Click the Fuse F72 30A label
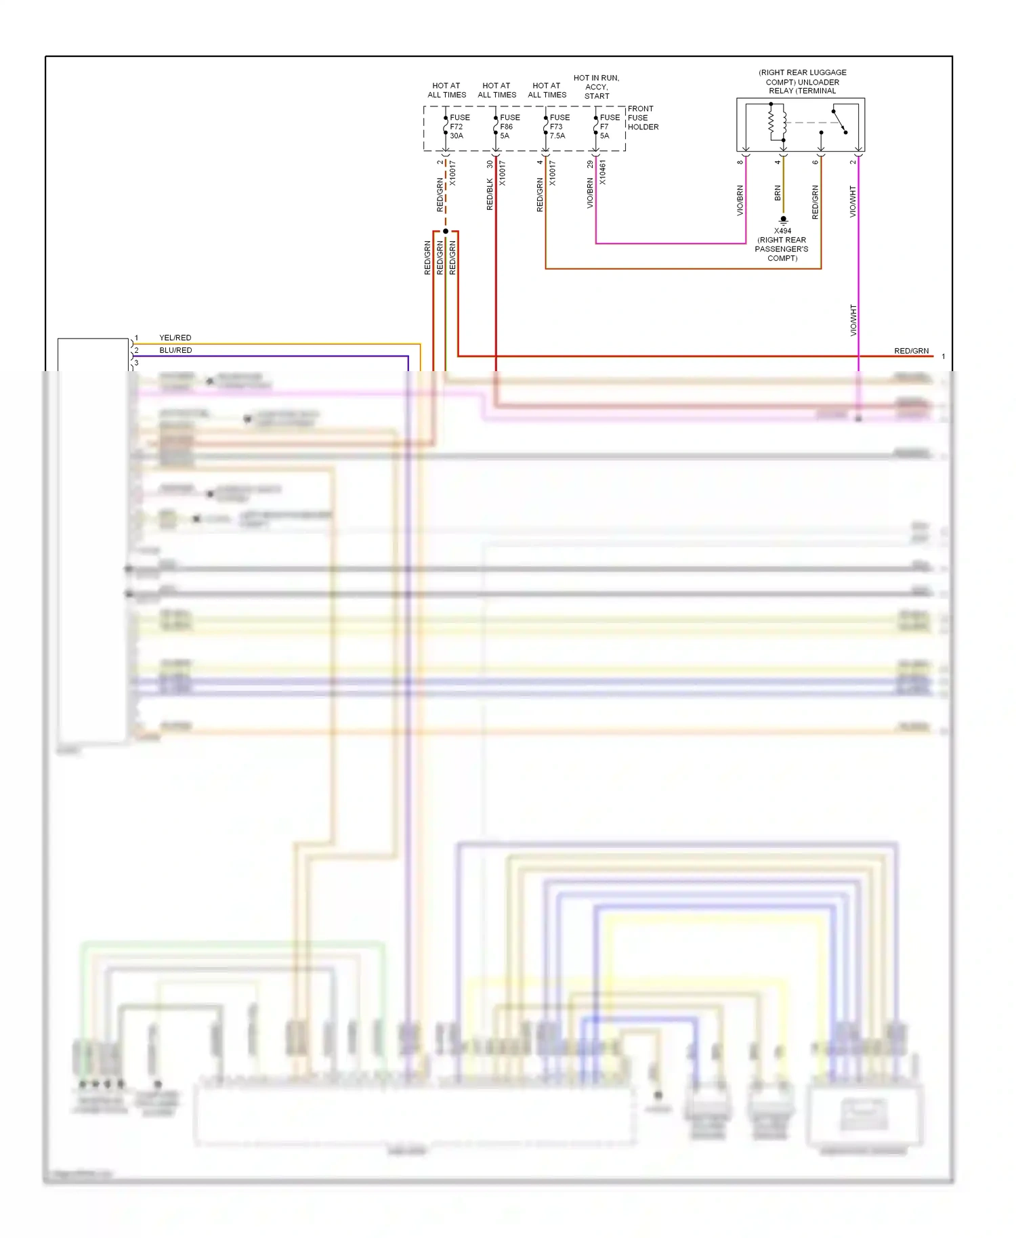pyautogui.click(x=459, y=127)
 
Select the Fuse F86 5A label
pyautogui.click(x=509, y=127)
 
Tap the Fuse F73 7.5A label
pyautogui.click(x=559, y=127)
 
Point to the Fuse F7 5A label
pyautogui.click(x=609, y=127)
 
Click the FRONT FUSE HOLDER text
pyautogui.click(x=642, y=118)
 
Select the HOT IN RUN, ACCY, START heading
pyautogui.click(x=596, y=87)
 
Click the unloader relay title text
pyautogui.click(x=802, y=81)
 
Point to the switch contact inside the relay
pyautogui.click(x=839, y=121)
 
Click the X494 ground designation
pyautogui.click(x=782, y=231)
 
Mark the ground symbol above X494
pyautogui.click(x=783, y=220)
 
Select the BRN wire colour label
pyautogui.click(x=778, y=193)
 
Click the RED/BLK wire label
pyautogui.click(x=490, y=194)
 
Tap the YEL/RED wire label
pyautogui.click(x=175, y=337)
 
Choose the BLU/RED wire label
pyautogui.click(x=175, y=350)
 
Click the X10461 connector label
pyautogui.click(x=602, y=172)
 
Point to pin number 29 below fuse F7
pyautogui.click(x=590, y=164)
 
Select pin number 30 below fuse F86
pyautogui.click(x=490, y=164)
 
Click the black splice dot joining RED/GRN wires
pyautogui.click(x=446, y=232)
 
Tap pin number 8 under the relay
pyautogui.click(x=740, y=162)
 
